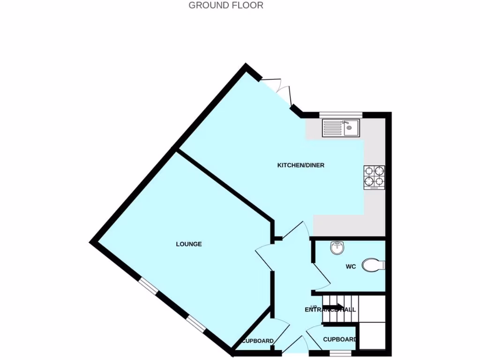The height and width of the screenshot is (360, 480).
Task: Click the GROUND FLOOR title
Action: pyautogui.click(x=225, y=6)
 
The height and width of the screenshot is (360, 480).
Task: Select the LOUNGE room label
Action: pyautogui.click(x=189, y=244)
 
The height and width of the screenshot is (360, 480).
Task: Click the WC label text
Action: pyautogui.click(x=351, y=267)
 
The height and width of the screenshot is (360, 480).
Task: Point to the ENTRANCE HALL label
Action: pyautogui.click(x=330, y=310)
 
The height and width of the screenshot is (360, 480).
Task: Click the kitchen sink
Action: pyautogui.click(x=341, y=128)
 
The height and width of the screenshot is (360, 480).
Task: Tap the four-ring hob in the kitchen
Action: pyautogui.click(x=374, y=178)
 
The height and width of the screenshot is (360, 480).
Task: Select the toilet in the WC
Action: pyautogui.click(x=374, y=265)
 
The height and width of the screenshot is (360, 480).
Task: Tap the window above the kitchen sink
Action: pyautogui.click(x=341, y=114)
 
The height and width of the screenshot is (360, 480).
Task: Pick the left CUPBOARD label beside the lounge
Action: pyautogui.click(x=257, y=341)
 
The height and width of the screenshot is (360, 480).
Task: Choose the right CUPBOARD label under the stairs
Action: pyautogui.click(x=340, y=339)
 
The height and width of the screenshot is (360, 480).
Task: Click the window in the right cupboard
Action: pyautogui.click(x=340, y=352)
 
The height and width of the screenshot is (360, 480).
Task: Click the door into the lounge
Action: pyautogui.click(x=264, y=257)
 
